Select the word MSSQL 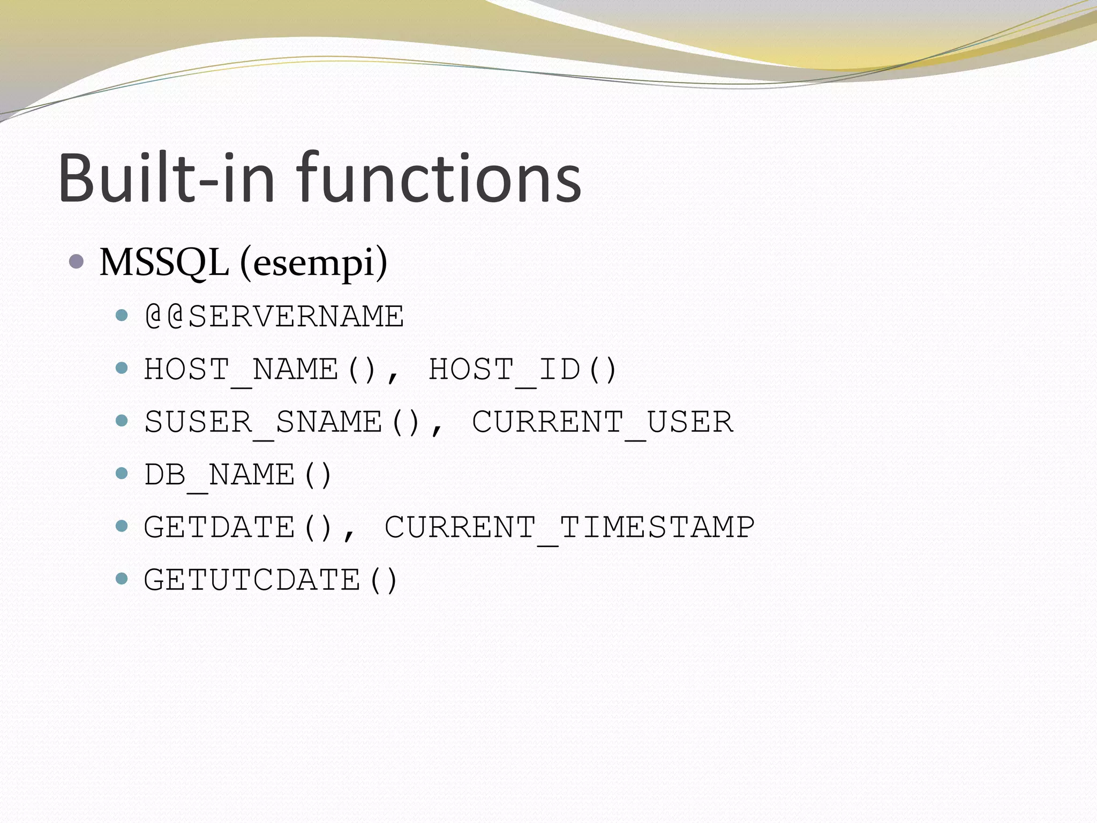point(164,263)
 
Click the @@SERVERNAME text point(274,316)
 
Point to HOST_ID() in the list point(523,369)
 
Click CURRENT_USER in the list point(602,422)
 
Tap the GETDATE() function point(238,527)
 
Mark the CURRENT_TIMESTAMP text point(569,527)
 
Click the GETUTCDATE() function point(271,580)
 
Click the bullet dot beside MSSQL point(77,262)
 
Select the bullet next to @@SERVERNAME point(122,315)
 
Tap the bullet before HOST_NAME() point(122,368)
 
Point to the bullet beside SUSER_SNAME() point(122,421)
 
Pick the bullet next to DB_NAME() point(122,473)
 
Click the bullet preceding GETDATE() point(122,526)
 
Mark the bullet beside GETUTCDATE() point(122,579)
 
